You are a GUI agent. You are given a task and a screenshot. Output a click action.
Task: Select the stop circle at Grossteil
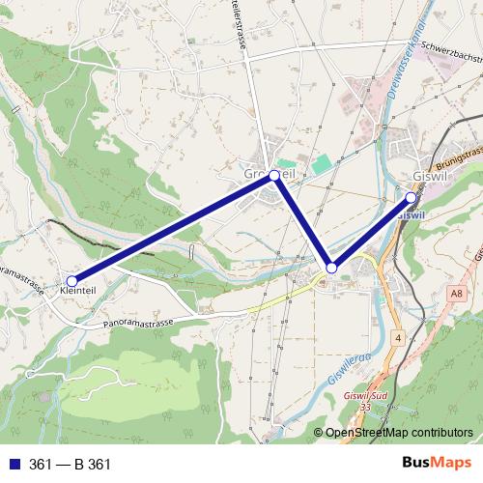click(x=275, y=176)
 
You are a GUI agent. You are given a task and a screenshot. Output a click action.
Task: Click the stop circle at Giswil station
click(x=411, y=198)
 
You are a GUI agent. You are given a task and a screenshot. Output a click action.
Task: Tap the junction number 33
click(x=365, y=407)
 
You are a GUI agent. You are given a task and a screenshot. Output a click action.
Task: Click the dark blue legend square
click(x=13, y=465)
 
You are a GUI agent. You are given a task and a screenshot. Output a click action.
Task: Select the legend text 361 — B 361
click(x=71, y=465)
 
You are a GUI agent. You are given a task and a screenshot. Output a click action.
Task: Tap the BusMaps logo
click(x=430, y=464)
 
